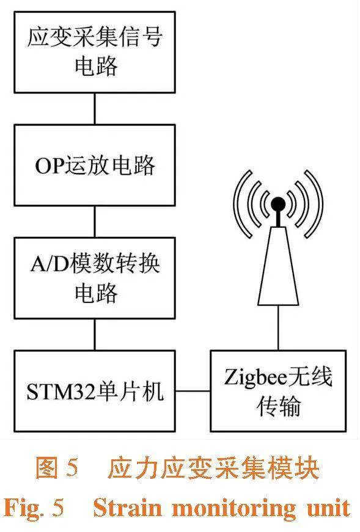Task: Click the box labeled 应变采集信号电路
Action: [x=95, y=53]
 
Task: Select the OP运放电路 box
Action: [x=95, y=166]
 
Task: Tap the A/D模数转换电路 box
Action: [x=95, y=278]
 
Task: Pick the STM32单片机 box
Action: [x=95, y=391]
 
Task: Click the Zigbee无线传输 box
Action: [x=279, y=391]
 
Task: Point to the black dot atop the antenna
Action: [x=278, y=203]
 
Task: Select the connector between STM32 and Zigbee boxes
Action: [x=193, y=391]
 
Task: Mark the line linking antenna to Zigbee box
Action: [x=278, y=328]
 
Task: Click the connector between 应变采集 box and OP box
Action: [x=95, y=109]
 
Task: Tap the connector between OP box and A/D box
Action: [x=95, y=222]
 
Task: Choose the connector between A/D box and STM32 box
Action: [x=95, y=335]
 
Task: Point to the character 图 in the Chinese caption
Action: [x=46, y=468]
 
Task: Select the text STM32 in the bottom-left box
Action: [x=61, y=391]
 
